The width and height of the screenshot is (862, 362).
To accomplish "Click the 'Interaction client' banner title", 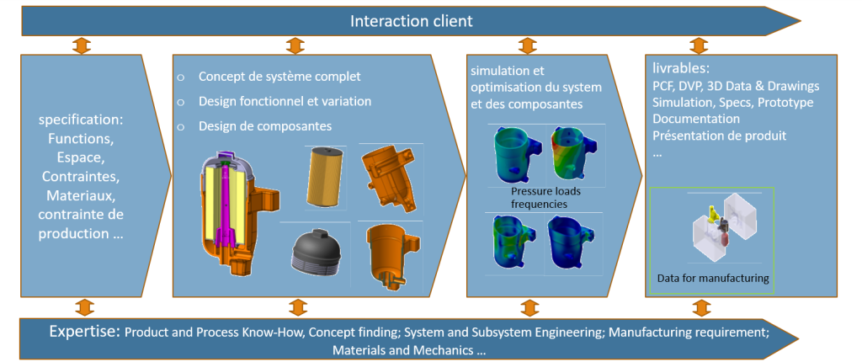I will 411,20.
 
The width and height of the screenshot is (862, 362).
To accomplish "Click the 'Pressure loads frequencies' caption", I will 545,197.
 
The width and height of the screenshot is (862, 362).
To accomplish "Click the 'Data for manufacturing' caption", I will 713,278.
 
